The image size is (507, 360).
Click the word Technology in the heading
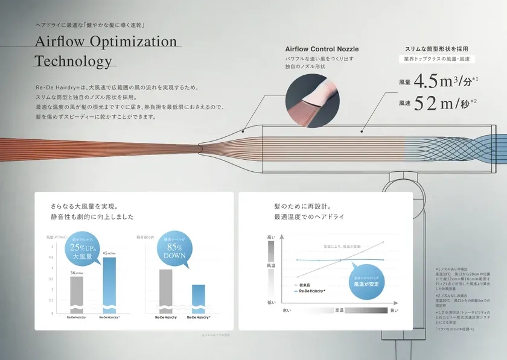click(74, 61)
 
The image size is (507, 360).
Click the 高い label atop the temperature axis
click(270, 239)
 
